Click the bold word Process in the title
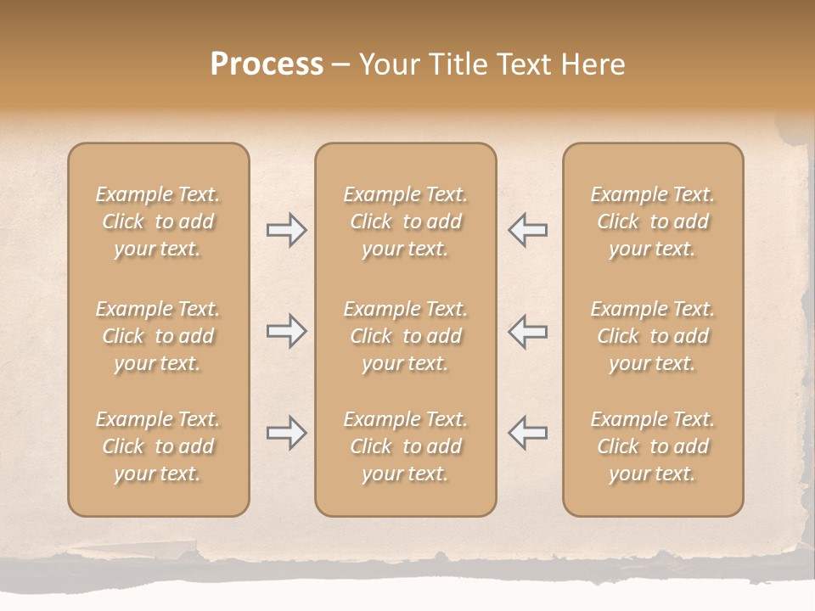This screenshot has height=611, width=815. (267, 64)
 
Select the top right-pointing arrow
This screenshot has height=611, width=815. (286, 230)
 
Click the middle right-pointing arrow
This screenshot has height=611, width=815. (286, 331)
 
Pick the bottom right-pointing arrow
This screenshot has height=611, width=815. (286, 433)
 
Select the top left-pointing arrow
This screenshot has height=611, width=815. (527, 230)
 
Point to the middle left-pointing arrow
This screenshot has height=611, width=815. (527, 331)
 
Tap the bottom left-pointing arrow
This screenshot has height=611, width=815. (527, 433)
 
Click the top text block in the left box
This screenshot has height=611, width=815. (158, 221)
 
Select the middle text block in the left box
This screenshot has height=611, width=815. (158, 336)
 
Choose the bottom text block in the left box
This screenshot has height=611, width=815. (158, 446)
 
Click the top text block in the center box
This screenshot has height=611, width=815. (405, 221)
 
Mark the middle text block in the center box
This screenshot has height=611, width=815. (405, 336)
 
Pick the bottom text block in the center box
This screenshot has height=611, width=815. (405, 446)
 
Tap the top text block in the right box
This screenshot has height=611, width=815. (652, 221)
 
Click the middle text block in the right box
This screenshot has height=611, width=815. (652, 336)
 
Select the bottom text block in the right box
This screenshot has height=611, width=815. (652, 446)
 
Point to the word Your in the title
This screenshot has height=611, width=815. (390, 64)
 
